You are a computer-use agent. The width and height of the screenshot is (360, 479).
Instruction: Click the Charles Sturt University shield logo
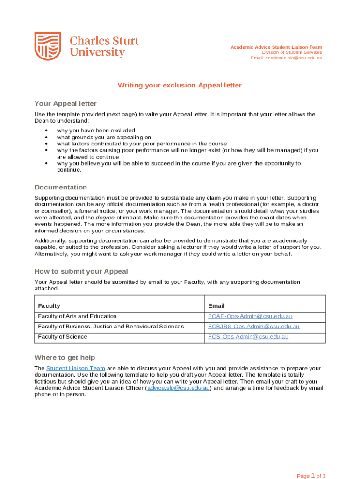[48, 46]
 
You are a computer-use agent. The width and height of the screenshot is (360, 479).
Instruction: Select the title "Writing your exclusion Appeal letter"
[180, 85]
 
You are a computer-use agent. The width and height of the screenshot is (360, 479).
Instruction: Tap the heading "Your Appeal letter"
[65, 103]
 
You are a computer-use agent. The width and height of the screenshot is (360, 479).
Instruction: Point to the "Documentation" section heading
[61, 187]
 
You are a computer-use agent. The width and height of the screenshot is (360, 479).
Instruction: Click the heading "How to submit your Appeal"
[81, 271]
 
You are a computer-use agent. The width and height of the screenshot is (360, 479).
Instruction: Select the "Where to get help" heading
[65, 358]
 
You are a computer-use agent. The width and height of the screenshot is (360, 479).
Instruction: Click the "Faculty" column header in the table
[49, 306]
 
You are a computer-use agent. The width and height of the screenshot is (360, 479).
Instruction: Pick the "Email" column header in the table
[216, 306]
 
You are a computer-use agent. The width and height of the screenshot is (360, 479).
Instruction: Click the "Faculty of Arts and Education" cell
[77, 317]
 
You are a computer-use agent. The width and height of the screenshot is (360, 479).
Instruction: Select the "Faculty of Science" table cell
[63, 337]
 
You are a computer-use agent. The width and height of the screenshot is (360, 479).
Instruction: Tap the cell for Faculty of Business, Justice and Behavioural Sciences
[111, 327]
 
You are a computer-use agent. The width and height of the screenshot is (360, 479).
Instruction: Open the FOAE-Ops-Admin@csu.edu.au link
[251, 317]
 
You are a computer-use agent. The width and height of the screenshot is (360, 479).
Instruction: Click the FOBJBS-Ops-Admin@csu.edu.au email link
[253, 327]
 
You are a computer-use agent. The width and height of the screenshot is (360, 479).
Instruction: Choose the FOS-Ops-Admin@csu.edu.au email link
[248, 337]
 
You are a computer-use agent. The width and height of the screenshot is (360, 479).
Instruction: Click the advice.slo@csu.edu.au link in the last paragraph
[178, 388]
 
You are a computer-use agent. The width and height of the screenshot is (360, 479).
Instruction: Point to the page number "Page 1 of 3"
[311, 476]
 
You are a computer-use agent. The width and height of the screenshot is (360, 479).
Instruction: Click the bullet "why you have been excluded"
[96, 131]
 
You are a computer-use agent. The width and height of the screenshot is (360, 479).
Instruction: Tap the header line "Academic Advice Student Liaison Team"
[276, 47]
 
